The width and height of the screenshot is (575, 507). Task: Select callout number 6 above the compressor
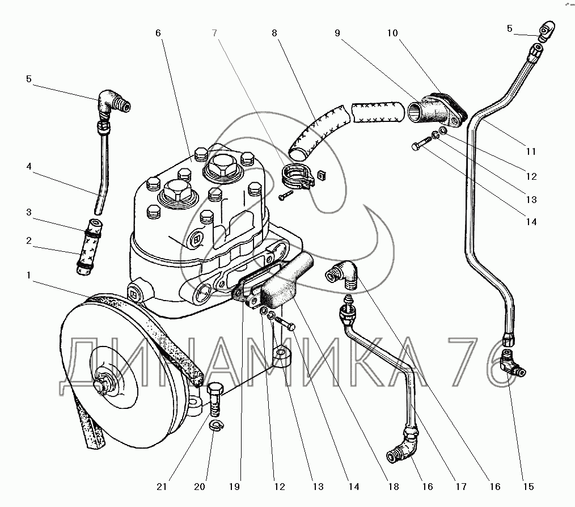click(158, 33)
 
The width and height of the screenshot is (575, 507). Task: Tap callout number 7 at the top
click(215, 33)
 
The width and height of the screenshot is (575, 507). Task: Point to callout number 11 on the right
click(531, 151)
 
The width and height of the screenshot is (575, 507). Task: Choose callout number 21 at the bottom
click(163, 487)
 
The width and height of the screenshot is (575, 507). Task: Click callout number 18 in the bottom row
click(394, 487)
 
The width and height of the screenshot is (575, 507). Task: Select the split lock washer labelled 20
click(215, 426)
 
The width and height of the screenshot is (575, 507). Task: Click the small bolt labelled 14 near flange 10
click(420, 145)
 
